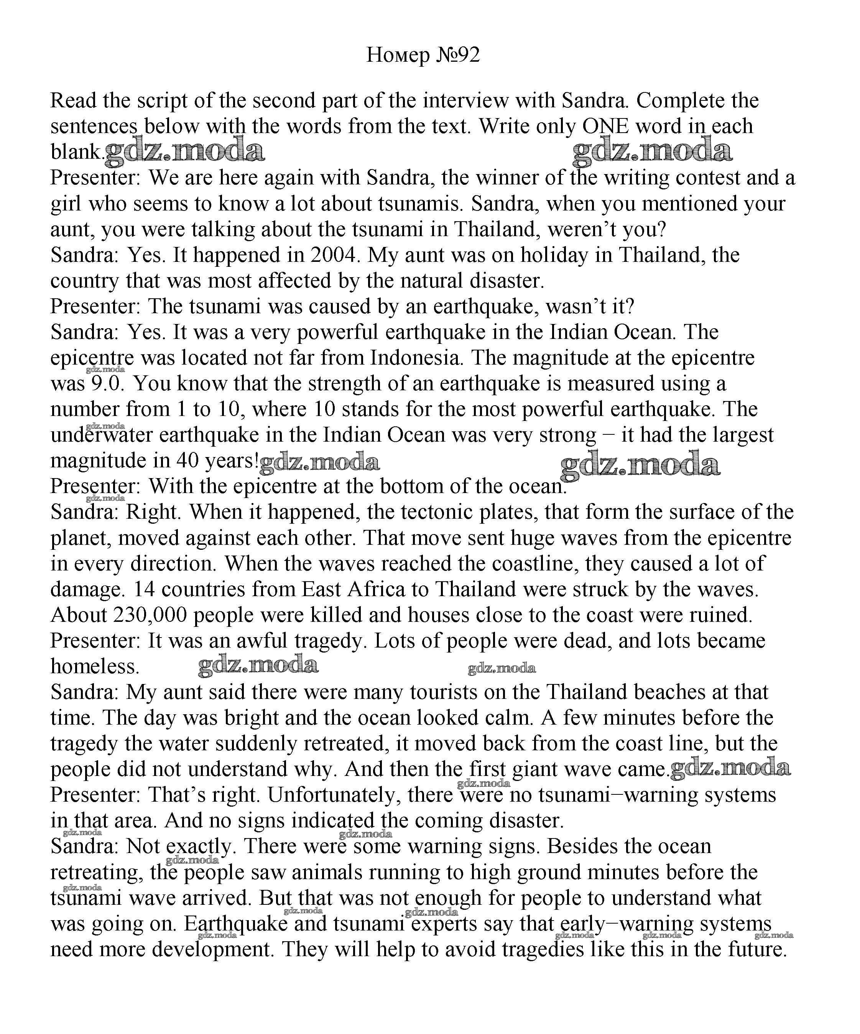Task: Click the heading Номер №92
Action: [x=423, y=55]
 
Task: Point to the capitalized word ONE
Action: [x=605, y=127]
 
